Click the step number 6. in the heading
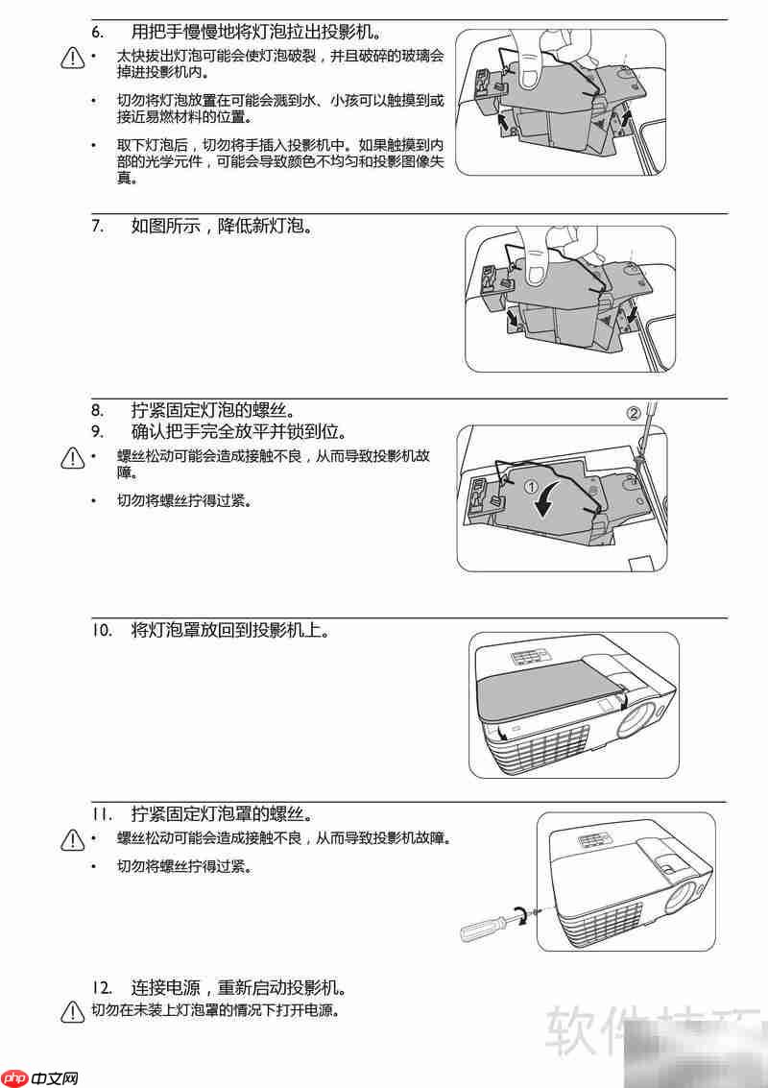pos(98,32)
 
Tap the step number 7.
pos(98,227)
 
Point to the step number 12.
pos(102,987)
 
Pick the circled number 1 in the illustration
pos(531,487)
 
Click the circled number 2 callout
pos(633,414)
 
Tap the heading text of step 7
pos(222,227)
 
